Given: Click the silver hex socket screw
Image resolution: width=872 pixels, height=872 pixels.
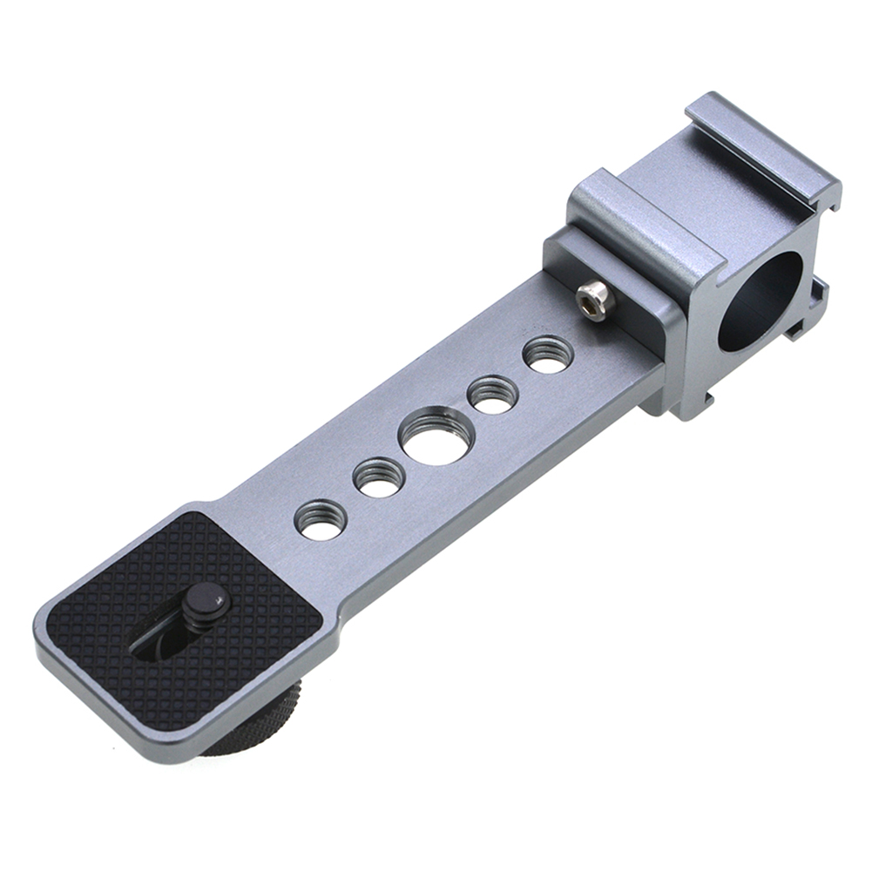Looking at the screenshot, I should tap(596, 299).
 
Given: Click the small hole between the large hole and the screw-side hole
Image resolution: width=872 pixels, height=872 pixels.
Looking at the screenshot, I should tap(492, 395).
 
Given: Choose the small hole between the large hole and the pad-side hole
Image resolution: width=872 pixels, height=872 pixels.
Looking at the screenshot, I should tap(379, 477).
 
